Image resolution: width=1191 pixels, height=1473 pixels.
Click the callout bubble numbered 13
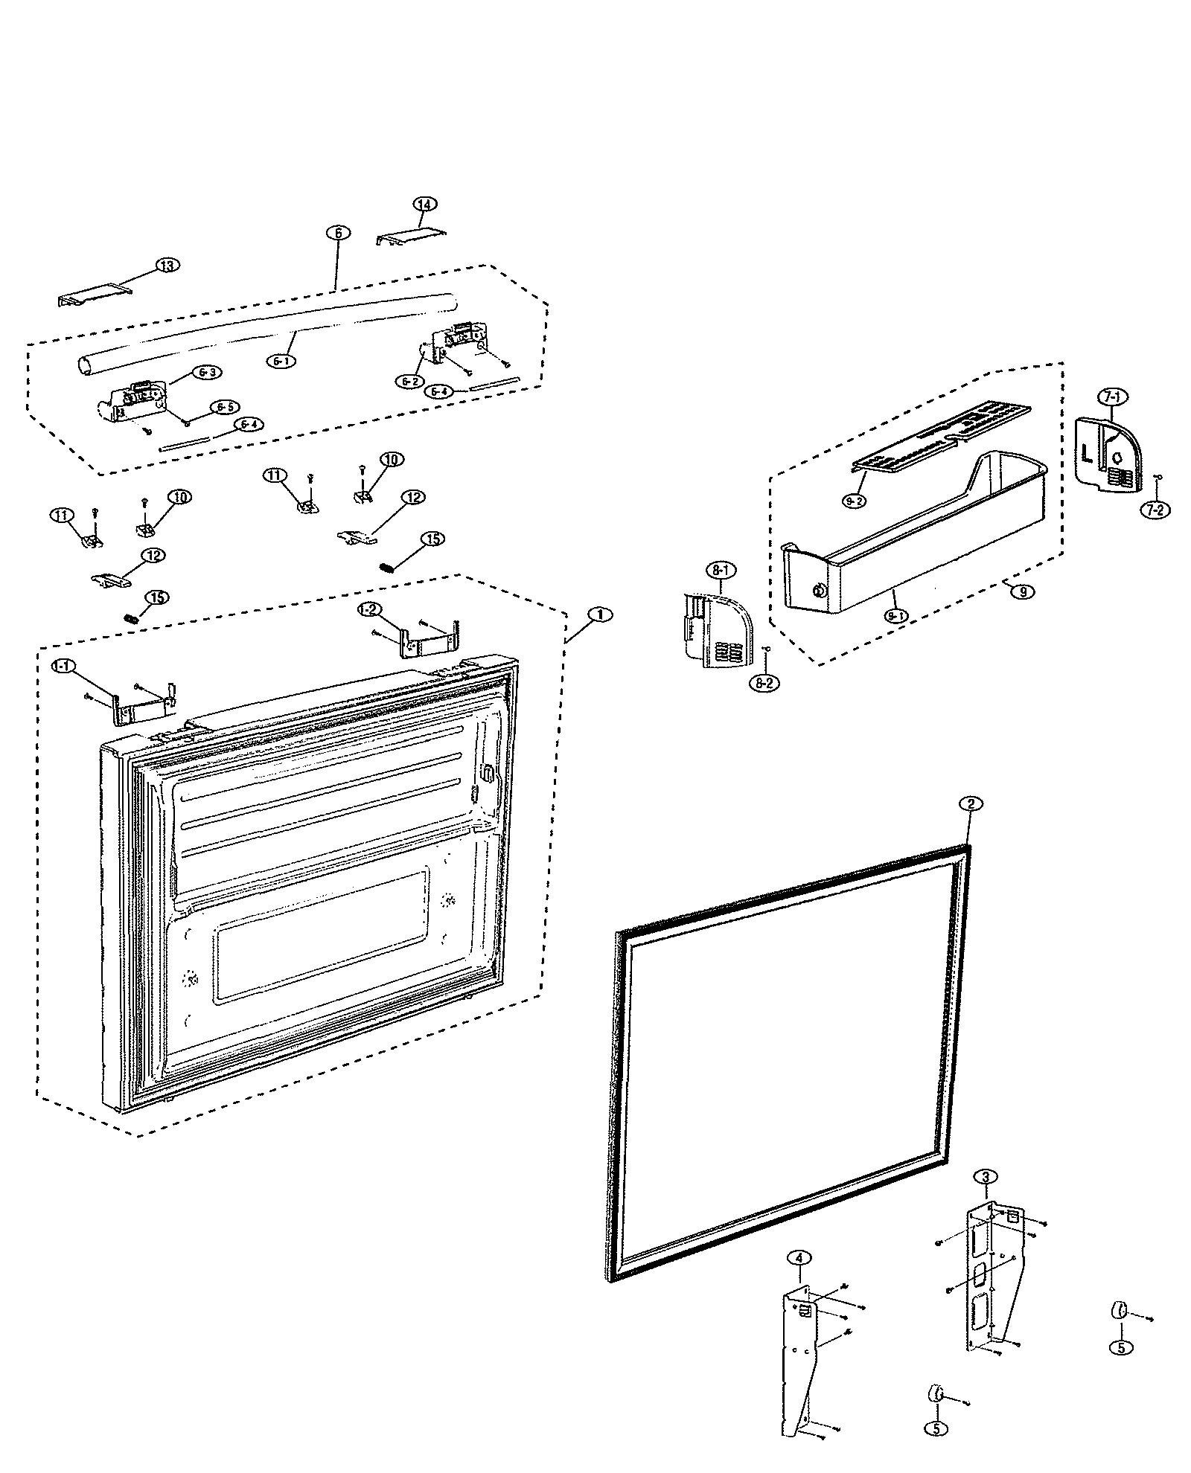(168, 266)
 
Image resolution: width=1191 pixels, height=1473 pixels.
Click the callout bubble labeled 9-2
(855, 501)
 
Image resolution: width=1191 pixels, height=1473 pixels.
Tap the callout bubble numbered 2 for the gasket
(970, 803)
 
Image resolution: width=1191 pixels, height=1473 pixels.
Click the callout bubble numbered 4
(799, 1258)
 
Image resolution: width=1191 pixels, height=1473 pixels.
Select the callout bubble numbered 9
(1024, 592)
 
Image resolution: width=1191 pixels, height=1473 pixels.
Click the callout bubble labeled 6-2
(409, 381)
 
